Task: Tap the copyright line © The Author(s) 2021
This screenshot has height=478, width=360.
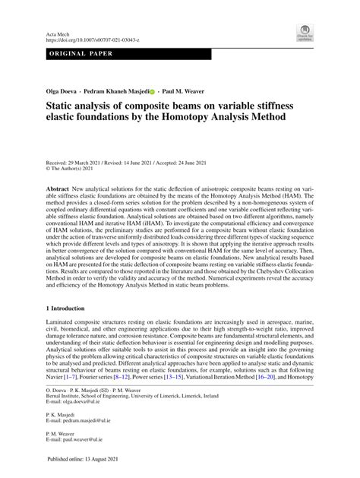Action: (x=69, y=169)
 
